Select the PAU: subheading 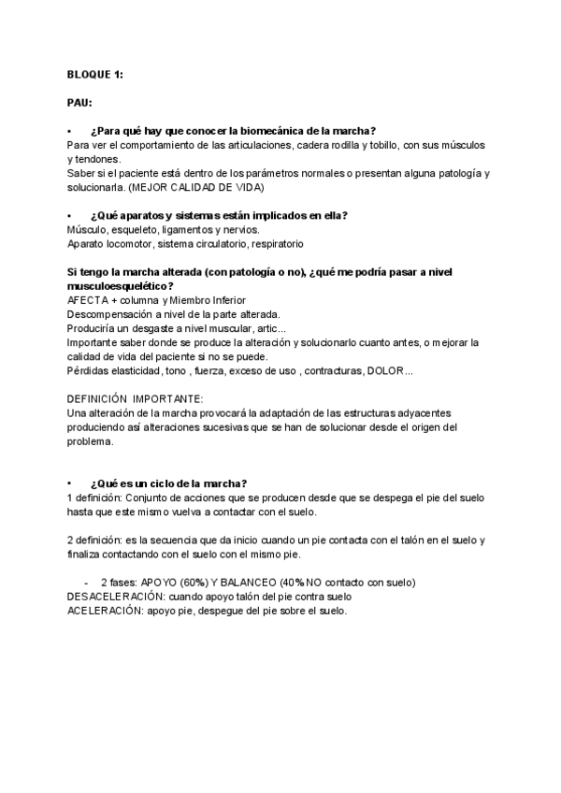coord(79,101)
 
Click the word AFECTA coord(88,299)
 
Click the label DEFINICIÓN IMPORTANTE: coord(128,398)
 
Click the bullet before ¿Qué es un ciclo coord(70,483)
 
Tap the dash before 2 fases coord(87,582)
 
